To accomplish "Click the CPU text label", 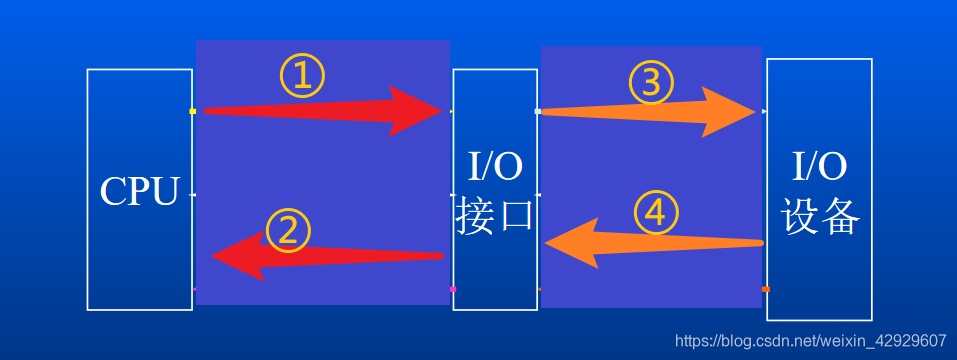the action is pos(139,191).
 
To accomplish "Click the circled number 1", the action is pos(301,75).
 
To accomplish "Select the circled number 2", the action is pos(288,231).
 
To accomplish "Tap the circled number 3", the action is pos(651,83).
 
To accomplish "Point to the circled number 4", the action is pos(656,212).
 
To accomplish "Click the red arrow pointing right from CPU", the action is pos(320,111).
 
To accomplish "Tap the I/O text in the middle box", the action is pos(495,166).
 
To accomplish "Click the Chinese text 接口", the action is pos(494,216).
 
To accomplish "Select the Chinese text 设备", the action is pos(820,216).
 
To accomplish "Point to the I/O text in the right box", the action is pos(820,164).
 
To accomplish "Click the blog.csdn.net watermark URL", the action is pos(811,341).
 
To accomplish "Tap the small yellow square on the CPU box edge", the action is pos(192,111).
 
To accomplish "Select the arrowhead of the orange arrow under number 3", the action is pos(730,112).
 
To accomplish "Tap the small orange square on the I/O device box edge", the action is pos(765,289).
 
